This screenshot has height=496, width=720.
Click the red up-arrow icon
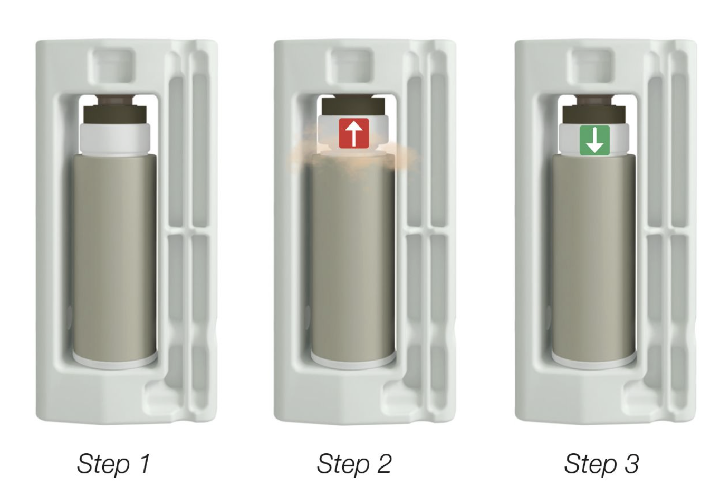354,133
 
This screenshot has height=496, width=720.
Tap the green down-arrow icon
594,140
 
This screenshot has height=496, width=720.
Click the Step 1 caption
114,464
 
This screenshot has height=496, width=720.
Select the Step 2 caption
354,464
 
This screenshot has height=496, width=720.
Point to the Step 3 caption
601,464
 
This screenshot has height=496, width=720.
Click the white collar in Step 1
115,139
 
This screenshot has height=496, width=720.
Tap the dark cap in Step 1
115,110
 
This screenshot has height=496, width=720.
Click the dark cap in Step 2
353,106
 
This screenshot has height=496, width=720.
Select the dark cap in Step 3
594,110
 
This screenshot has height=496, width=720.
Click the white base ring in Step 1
115,362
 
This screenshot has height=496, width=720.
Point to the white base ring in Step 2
353,362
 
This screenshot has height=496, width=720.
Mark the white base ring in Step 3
594,362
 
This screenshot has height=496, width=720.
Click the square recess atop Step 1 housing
112,65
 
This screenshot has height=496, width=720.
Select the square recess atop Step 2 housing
350,65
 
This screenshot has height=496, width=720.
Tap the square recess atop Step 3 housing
591,65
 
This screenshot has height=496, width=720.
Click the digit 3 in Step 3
631,463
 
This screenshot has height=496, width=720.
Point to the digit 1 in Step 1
145,463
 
